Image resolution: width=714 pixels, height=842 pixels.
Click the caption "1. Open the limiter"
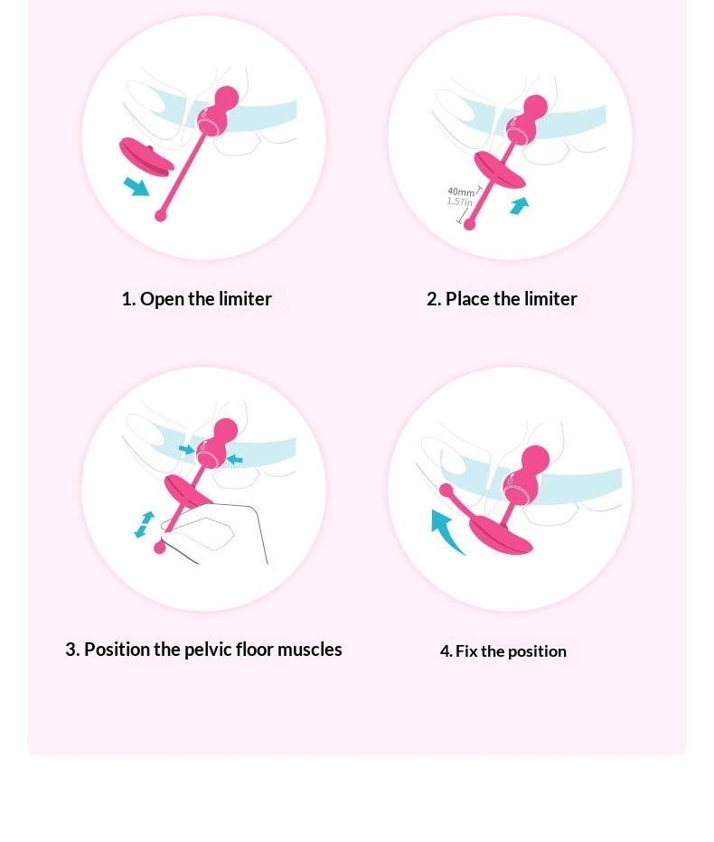(197, 298)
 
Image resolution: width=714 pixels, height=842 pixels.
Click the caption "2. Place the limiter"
(502, 298)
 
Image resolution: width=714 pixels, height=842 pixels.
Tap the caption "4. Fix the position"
(503, 651)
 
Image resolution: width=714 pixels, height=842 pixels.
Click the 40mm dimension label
(461, 192)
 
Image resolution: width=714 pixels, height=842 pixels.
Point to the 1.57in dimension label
(459, 201)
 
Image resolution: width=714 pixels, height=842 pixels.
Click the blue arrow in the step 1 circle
(136, 187)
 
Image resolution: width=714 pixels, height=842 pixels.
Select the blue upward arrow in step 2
(519, 205)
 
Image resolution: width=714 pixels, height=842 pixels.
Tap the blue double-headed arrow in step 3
(144, 524)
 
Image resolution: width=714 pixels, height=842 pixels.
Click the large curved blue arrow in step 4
(445, 530)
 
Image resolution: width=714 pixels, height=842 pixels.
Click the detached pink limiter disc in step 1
(146, 157)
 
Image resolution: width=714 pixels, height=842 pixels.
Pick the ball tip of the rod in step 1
(161, 216)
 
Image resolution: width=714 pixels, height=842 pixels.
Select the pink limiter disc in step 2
(500, 170)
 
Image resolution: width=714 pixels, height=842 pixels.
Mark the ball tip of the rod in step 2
(469, 224)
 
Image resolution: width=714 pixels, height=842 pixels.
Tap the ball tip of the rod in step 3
(160, 547)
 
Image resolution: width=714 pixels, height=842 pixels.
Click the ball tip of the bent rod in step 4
(446, 490)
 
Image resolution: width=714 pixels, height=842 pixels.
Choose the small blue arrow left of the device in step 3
(186, 449)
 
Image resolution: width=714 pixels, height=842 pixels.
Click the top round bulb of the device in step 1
(226, 98)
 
